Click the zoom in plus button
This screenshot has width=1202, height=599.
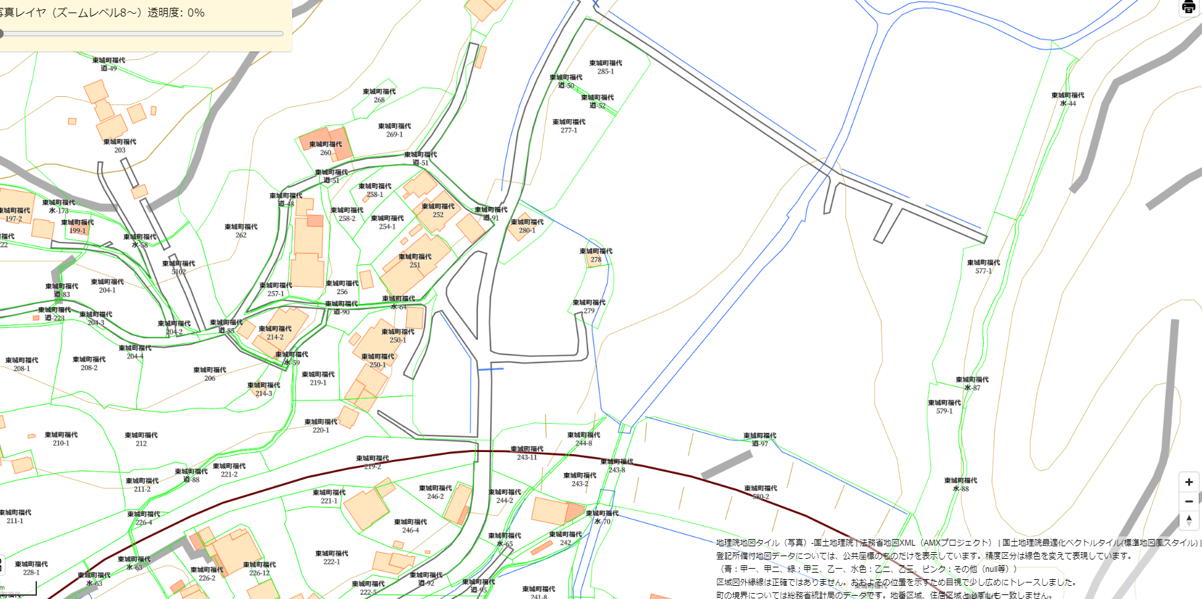[x=1189, y=482]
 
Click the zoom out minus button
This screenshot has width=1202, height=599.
[x=1189, y=501]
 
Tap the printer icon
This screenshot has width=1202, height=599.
[x=1189, y=7]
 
